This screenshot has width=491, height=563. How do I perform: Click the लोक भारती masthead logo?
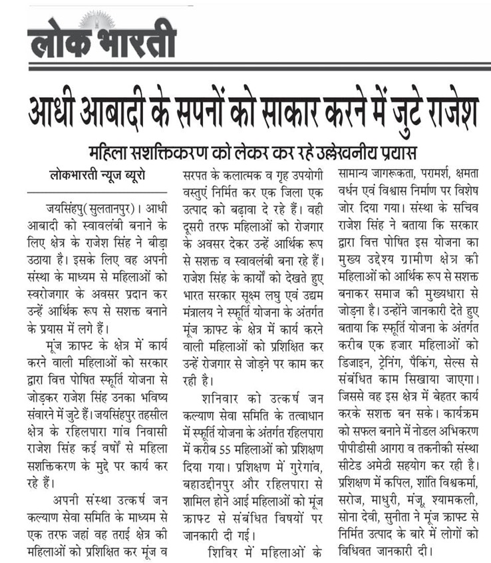(x=102, y=39)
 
